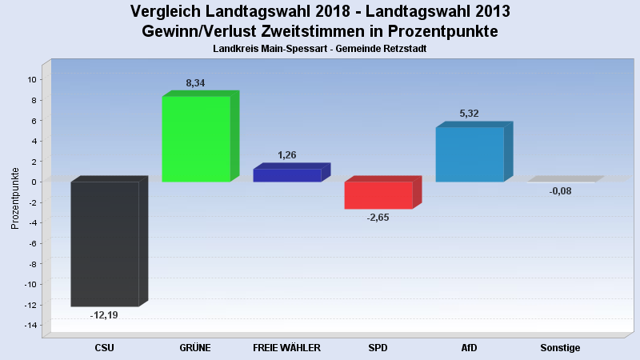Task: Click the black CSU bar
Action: (105, 244)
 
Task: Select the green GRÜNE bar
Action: (196, 138)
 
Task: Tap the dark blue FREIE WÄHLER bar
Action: (287, 175)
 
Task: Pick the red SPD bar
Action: (378, 195)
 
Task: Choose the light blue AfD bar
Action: (470, 154)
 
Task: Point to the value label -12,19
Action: (104, 315)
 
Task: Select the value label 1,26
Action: (287, 154)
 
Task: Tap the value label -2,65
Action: (378, 218)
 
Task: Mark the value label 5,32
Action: (470, 114)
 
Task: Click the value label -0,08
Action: (560, 190)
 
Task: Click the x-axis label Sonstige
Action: (560, 348)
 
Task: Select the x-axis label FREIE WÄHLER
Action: (286, 348)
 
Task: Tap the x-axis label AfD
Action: (470, 348)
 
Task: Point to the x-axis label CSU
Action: (105, 348)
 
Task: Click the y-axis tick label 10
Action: (31, 79)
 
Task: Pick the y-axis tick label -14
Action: (30, 325)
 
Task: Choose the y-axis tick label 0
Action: (34, 182)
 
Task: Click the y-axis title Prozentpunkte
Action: (15, 198)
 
